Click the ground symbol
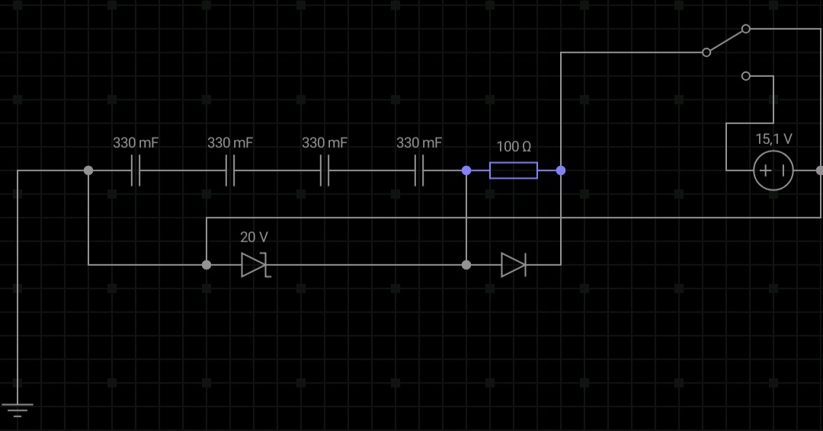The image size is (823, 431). click(x=17, y=410)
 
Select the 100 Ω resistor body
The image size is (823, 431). click(x=513, y=171)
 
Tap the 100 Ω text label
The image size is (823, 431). click(x=514, y=146)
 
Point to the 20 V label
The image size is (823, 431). click(x=254, y=237)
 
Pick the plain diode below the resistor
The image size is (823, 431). click(x=513, y=265)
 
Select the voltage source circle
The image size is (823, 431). click(x=773, y=171)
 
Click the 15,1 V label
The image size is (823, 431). click(x=773, y=139)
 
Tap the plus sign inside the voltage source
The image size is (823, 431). click(x=765, y=171)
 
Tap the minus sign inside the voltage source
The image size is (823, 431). click(x=782, y=171)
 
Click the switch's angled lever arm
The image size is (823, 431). click(x=725, y=40)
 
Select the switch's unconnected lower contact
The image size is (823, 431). click(x=745, y=76)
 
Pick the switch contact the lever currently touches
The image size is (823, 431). click(x=745, y=29)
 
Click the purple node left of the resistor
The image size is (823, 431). click(x=466, y=171)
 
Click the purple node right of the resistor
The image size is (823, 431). click(x=561, y=171)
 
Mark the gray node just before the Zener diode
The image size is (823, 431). click(x=207, y=265)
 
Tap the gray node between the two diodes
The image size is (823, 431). click(x=466, y=265)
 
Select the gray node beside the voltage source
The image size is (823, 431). click(x=820, y=171)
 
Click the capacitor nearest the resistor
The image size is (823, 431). click(x=419, y=171)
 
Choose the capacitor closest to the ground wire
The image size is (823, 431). click(x=136, y=171)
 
